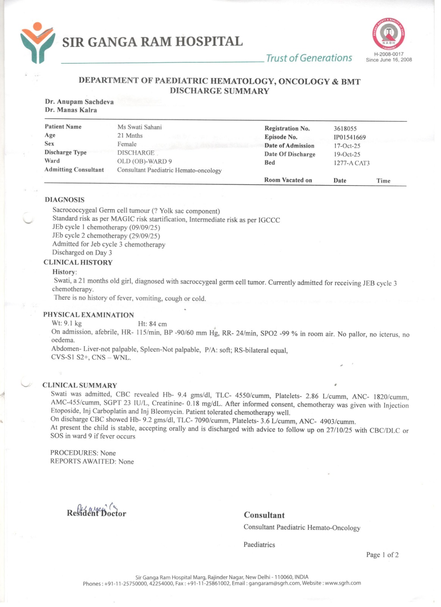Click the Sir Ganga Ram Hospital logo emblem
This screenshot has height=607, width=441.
(37, 42)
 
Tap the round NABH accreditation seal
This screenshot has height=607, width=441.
(388, 33)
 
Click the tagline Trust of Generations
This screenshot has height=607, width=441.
(309, 58)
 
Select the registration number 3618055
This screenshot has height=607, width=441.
(345, 129)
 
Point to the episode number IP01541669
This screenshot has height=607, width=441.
(350, 137)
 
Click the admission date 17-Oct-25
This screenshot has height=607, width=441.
(347, 146)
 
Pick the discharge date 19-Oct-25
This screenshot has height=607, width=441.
(347, 154)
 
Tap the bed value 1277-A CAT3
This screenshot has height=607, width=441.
(352, 163)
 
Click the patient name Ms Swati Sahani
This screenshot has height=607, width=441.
(140, 127)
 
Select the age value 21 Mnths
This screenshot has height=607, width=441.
(130, 135)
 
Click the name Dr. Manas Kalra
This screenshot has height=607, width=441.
(71, 110)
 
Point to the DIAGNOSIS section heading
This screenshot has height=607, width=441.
(64, 200)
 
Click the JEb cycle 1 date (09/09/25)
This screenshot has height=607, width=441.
(144, 228)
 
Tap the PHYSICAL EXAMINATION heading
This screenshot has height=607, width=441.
(88, 315)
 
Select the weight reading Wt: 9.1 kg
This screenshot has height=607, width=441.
(67, 324)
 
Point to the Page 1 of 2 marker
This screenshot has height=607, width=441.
(382, 555)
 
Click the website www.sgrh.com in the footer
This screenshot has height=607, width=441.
(343, 583)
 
